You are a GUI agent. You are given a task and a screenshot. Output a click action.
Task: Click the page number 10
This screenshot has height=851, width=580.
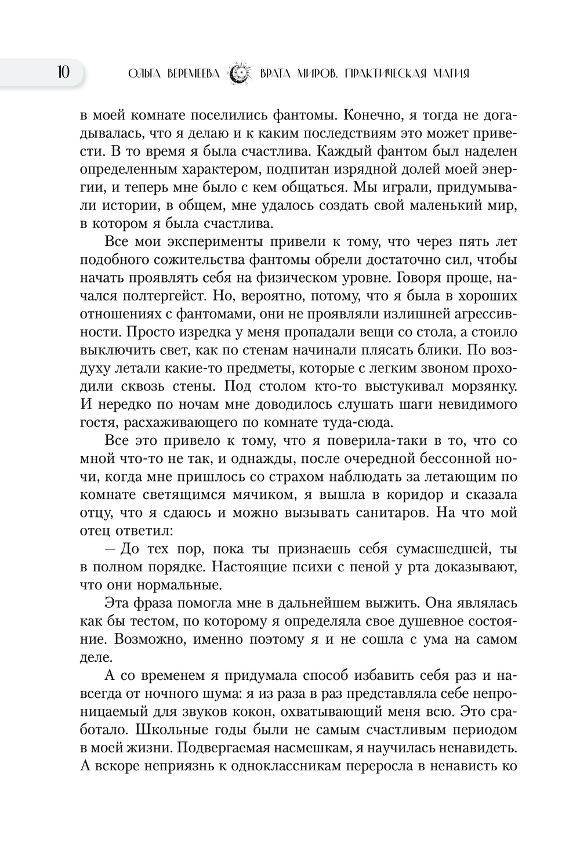[x=63, y=73]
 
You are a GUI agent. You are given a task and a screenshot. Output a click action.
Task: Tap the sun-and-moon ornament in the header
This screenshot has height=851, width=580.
[x=240, y=74]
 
